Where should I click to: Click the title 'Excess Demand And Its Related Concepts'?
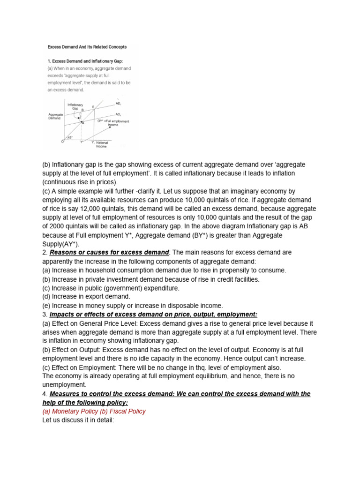coord(87,47)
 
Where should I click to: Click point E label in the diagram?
coord(93,107)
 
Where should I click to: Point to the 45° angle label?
coord(70,137)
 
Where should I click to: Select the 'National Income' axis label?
coord(102,144)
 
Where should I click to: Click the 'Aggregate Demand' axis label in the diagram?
coord(55,117)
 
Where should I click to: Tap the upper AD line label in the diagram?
coord(118,103)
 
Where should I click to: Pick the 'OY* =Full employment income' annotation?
coord(113,123)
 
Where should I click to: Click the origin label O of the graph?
coord(62,141)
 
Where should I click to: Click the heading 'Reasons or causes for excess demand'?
coord(109,252)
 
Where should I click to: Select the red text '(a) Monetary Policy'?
coord(67,411)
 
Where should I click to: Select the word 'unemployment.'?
coord(64,385)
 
